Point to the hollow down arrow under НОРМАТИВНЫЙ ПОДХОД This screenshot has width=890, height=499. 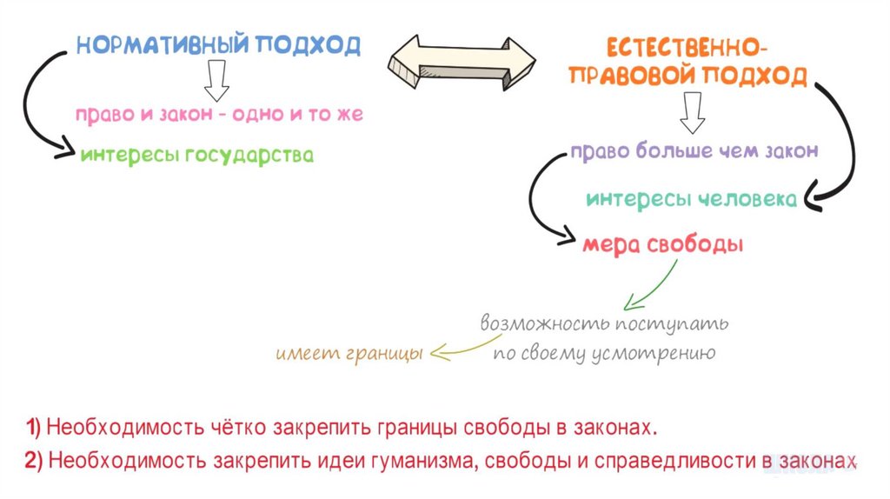click(x=216, y=83)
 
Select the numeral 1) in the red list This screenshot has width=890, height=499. click(x=33, y=428)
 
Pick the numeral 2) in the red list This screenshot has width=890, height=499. click(x=34, y=461)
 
